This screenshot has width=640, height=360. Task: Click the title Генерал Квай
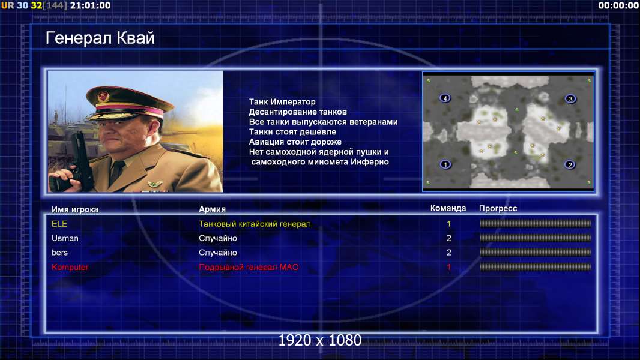point(100,38)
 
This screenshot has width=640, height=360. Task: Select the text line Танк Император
point(282,101)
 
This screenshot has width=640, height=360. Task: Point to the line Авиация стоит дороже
point(295,142)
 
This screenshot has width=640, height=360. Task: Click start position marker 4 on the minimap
point(445,98)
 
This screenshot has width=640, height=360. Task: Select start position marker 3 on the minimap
point(570,98)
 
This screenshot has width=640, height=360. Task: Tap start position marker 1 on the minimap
point(445,164)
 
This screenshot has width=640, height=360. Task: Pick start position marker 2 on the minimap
point(570,165)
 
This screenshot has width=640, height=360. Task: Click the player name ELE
point(59,224)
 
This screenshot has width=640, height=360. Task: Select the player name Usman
point(65,238)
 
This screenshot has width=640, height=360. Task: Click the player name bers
point(59,253)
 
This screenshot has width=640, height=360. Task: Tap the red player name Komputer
point(70,267)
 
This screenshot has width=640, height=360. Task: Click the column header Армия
point(213,209)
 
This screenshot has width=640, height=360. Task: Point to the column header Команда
point(448,208)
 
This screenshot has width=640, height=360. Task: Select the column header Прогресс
point(498,208)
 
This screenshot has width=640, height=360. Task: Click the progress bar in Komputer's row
point(536,267)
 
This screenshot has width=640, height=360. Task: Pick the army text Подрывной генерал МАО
point(249,267)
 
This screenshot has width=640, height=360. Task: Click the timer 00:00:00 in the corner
point(618,5)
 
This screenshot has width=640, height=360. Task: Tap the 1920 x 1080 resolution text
point(320,340)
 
